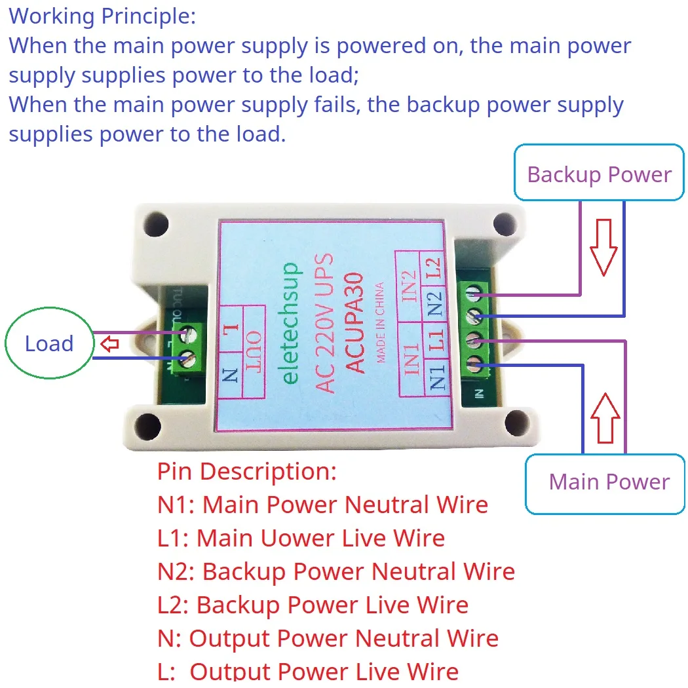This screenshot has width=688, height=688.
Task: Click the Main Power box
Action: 605,483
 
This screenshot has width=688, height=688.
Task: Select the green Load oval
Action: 49,343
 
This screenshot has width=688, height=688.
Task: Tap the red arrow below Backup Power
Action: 602,247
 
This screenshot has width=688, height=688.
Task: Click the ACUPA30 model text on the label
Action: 353,323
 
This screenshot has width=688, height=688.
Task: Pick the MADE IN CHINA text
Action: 380,322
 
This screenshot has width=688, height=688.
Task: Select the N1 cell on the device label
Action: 437,379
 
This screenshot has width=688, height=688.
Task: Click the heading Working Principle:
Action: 102,16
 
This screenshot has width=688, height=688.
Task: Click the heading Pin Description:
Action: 247,471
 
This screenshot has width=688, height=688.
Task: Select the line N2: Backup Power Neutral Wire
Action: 336,572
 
